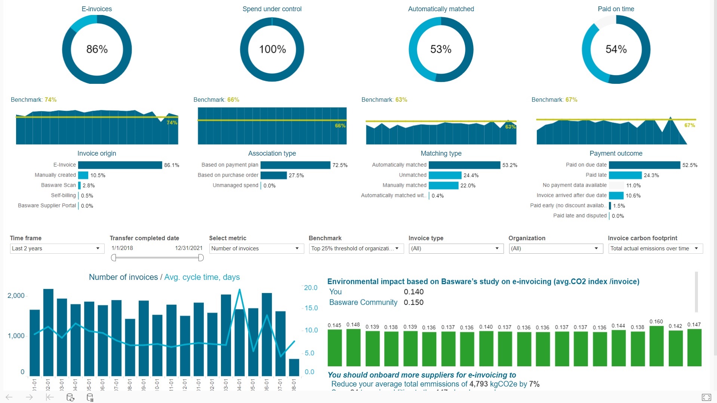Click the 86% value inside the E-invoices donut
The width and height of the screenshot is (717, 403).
tap(97, 49)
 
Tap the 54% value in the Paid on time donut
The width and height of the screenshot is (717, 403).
tap(616, 49)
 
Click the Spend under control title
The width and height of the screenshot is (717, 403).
tap(272, 9)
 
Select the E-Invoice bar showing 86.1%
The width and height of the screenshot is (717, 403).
tap(120, 165)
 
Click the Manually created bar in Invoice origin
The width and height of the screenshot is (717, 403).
tap(83, 175)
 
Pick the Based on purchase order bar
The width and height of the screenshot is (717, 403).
tap(273, 175)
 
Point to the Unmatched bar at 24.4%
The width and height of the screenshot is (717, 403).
tap(445, 175)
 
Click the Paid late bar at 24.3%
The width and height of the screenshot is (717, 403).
tap(625, 175)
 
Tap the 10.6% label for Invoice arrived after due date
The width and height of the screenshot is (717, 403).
tap(633, 196)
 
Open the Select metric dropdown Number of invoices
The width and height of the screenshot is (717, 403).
tap(256, 248)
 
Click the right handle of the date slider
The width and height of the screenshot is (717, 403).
tap(201, 257)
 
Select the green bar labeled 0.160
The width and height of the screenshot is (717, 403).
tap(656, 346)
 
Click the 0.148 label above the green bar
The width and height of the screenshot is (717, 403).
tap(353, 325)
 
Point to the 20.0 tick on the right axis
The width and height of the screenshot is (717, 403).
tap(310, 288)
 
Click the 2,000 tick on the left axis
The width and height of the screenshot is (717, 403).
tap(16, 296)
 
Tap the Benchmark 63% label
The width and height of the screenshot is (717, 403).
tap(384, 100)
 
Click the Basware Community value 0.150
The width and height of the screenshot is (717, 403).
tap(413, 302)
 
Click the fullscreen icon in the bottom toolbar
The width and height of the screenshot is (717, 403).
tap(706, 397)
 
